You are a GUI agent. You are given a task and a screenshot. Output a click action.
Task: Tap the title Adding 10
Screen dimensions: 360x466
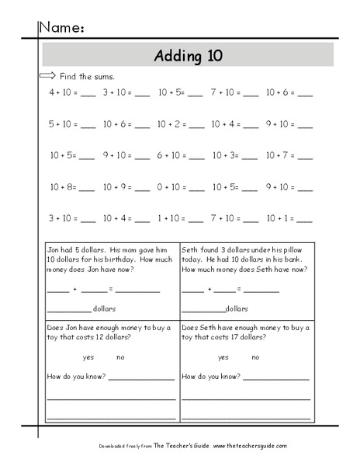tap(187, 55)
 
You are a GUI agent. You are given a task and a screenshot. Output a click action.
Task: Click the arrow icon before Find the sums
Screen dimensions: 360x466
tap(47, 75)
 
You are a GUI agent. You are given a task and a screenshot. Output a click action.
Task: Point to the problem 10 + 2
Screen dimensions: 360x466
tap(171, 123)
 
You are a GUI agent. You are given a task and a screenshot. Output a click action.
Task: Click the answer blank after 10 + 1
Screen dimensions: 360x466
tap(305, 220)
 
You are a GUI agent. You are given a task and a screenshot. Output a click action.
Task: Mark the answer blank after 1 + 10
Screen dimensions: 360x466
tap(196, 220)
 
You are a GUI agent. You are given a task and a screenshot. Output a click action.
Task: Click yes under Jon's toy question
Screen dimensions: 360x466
tap(88, 358)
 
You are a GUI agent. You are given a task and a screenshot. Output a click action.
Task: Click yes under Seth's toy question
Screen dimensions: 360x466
tap(223, 358)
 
